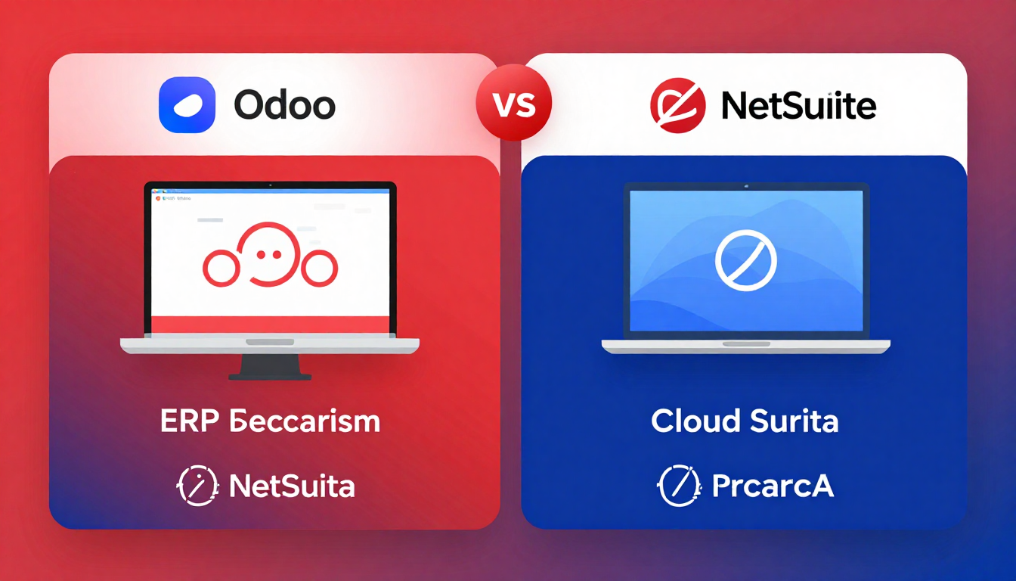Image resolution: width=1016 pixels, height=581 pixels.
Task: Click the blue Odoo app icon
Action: [x=187, y=105]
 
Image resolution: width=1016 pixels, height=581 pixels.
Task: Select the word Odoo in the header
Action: [x=284, y=105]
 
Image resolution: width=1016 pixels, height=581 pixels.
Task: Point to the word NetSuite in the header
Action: [x=798, y=106]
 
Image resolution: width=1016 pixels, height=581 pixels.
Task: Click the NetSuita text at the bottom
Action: [x=292, y=486]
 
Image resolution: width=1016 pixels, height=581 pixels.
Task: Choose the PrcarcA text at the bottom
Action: [x=773, y=486]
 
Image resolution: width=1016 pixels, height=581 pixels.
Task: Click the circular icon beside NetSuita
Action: [x=197, y=486]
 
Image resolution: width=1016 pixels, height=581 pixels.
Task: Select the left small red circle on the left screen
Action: [x=221, y=269]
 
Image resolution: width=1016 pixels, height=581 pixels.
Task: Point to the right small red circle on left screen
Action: [x=319, y=269]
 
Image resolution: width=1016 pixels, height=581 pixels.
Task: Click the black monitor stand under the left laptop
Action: [x=270, y=366]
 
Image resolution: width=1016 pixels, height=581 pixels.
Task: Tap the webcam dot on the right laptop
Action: [x=745, y=185]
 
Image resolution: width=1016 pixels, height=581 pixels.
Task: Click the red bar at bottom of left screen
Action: [x=270, y=324]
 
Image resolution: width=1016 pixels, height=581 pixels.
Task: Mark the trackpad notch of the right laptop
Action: [x=745, y=343]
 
